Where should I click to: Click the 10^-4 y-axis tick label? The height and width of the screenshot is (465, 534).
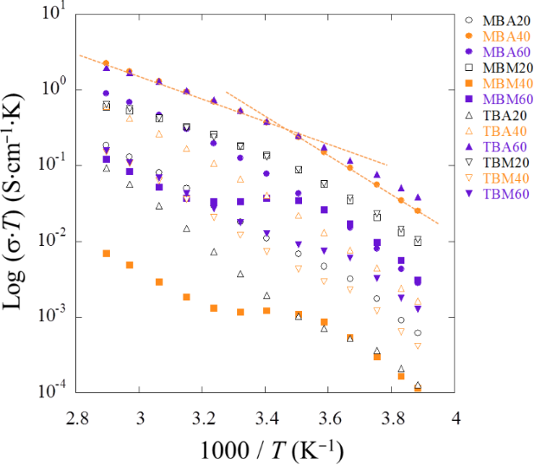[x=52, y=391]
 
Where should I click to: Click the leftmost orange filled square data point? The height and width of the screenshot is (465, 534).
[x=106, y=253]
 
